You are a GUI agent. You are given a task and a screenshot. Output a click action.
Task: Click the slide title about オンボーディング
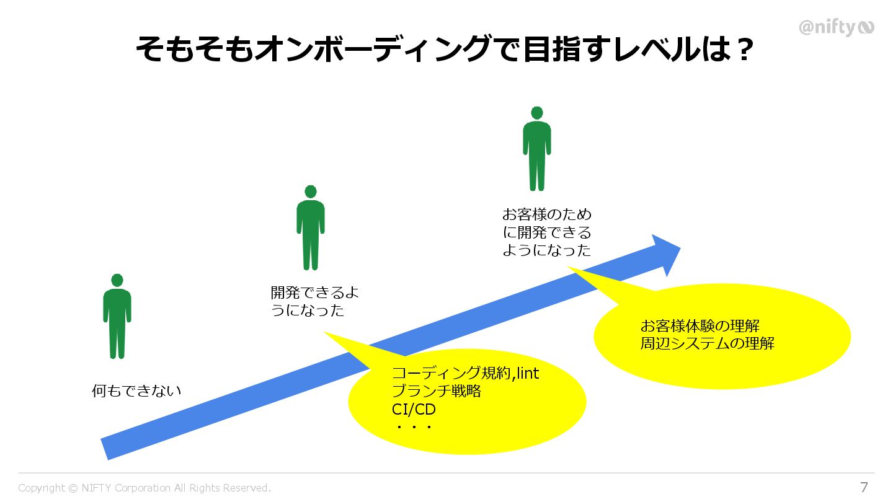pos(443,50)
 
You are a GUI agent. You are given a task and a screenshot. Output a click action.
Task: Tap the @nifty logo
pos(836,27)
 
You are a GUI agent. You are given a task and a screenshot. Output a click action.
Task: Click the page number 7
pos(864,487)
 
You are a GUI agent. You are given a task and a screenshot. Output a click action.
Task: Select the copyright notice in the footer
pos(144,488)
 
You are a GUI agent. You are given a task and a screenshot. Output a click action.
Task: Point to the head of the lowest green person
pos(117,280)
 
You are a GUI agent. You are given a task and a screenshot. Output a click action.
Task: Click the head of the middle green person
pos(311,192)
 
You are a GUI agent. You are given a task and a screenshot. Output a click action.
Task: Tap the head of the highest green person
pos(537,113)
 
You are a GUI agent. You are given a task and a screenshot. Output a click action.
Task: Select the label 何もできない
pos(136,391)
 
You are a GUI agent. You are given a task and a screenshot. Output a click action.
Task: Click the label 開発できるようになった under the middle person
pos(314,301)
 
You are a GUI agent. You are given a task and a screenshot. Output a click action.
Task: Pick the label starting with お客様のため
pos(546,232)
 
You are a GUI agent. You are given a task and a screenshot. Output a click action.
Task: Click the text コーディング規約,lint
pos(465,373)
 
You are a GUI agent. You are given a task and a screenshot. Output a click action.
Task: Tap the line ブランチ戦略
pos(437,392)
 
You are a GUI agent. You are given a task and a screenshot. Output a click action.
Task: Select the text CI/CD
pos(414,410)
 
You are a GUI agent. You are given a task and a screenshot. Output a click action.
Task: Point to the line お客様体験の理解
pos(700,326)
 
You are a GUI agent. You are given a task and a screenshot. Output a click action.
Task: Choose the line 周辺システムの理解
pos(707,343)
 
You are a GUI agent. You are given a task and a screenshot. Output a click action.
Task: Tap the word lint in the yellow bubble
pos(528,373)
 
